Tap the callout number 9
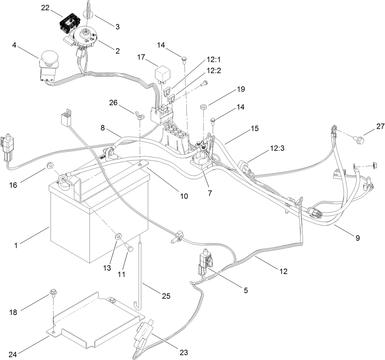click(x=357, y=238)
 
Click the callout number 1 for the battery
click(x=16, y=246)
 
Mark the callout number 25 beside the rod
click(x=166, y=296)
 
